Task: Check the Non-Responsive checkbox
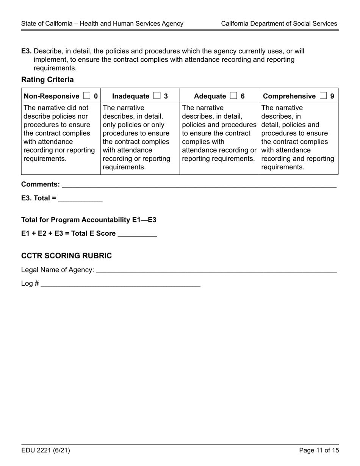[86, 96]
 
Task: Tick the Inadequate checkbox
[157, 96]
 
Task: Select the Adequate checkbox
[233, 96]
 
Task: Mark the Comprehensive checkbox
[323, 96]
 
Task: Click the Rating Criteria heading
[47, 80]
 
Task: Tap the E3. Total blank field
[80, 198]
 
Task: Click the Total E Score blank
[137, 234]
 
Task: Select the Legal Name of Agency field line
[216, 270]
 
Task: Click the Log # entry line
[120, 284]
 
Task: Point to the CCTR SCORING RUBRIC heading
[66, 256]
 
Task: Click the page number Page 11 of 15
[319, 450]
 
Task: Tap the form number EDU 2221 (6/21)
[45, 450]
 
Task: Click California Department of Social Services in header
[279, 23]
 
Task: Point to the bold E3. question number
[27, 51]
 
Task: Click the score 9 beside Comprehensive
[332, 96]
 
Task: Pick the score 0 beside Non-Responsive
[95, 96]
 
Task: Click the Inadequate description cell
[140, 137]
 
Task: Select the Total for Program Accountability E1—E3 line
[89, 220]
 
